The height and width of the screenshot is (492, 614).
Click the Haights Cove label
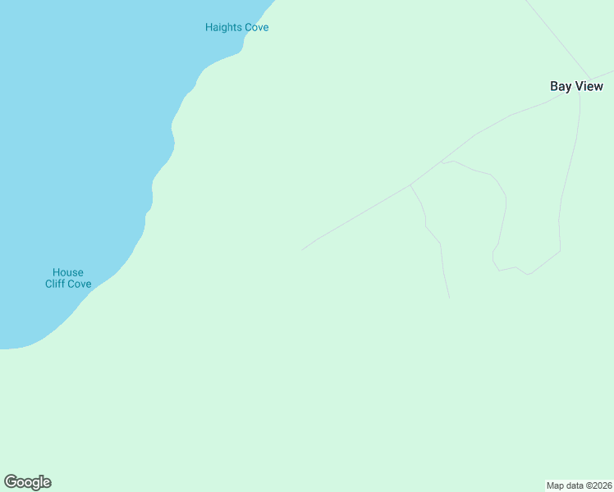[x=236, y=27]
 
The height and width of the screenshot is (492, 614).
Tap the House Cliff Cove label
[x=68, y=278]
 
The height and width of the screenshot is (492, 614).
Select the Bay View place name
[x=576, y=86]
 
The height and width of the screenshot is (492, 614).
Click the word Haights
[x=222, y=27]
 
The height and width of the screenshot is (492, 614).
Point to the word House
[x=68, y=272]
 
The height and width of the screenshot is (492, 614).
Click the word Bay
[x=560, y=86]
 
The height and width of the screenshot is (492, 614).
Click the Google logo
[x=28, y=482]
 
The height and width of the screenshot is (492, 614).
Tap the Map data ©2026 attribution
[x=579, y=485]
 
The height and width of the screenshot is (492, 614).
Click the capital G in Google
[x=11, y=482]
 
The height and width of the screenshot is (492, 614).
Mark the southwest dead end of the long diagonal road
[x=303, y=249]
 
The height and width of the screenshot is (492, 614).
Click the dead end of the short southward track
[x=449, y=297]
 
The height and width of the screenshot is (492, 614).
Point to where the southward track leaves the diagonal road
[x=410, y=185]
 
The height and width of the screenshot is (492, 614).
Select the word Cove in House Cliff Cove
[x=80, y=284]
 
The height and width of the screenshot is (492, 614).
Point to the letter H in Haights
[x=208, y=27]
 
